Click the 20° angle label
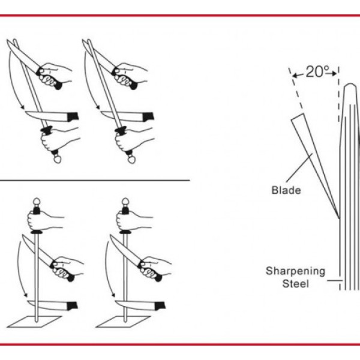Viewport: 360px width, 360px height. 317,72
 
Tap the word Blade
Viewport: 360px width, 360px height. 286,190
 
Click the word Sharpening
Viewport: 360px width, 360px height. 295,271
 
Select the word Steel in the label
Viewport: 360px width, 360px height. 295,284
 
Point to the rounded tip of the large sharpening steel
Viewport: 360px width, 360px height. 350,85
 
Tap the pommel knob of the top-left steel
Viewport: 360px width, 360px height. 57,159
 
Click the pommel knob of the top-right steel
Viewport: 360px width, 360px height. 131,159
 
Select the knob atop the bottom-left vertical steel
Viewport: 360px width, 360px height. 37,202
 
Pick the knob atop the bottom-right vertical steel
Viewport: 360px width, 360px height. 125,202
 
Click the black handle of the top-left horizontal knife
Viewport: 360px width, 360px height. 73,116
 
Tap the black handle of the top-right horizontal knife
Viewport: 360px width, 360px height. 148,117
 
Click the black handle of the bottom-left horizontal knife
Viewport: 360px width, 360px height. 72,306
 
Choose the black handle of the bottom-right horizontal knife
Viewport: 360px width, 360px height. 160,306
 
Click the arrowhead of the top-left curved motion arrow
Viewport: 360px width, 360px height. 22,107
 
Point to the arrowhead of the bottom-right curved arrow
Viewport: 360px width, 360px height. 113,295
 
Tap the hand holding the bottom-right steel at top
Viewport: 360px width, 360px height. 134,220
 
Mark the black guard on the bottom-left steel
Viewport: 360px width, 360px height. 37,233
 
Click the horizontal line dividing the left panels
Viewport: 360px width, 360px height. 95,181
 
